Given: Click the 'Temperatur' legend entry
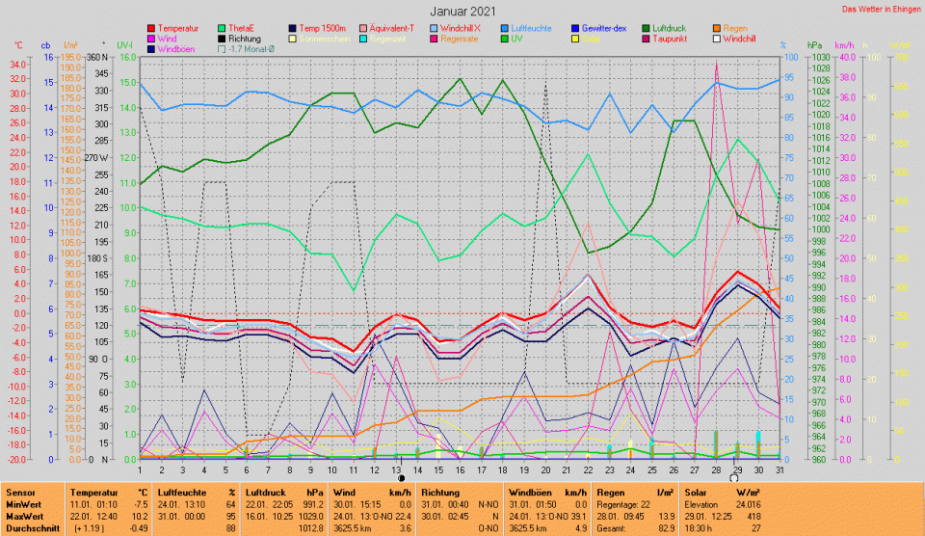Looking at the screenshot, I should tap(178, 29).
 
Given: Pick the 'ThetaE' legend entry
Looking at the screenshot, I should tap(245, 29).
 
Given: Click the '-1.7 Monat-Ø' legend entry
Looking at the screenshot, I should tap(254, 48).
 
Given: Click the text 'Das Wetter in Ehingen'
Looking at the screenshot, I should tap(881, 9).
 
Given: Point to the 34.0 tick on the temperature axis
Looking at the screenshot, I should tap(18, 64).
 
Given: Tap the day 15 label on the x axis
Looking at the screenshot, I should tap(438, 469).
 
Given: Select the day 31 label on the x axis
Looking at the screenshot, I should tap(779, 469).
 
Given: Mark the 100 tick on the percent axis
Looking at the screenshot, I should tap(788, 58).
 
